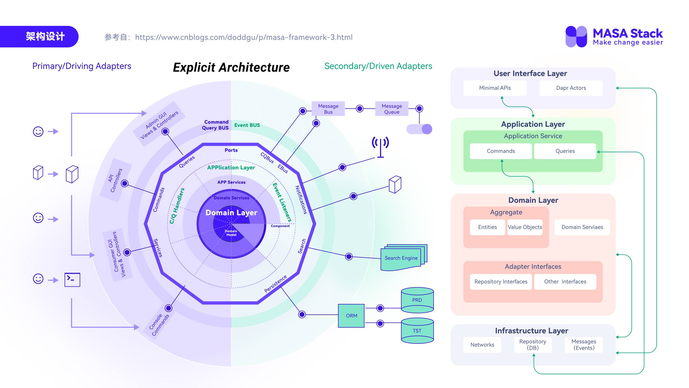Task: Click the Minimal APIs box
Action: (x=495, y=88)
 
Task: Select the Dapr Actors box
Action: (x=571, y=88)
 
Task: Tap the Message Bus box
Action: (x=328, y=109)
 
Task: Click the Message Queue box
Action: (x=392, y=109)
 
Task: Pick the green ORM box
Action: (x=351, y=316)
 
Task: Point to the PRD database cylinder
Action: (x=417, y=300)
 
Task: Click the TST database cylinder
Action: (x=417, y=331)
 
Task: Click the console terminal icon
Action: (x=72, y=279)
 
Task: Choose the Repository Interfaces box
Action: (x=501, y=282)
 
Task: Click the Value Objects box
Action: (x=525, y=227)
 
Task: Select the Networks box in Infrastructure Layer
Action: (x=482, y=345)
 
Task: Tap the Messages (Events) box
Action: (x=583, y=345)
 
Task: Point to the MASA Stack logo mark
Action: (x=576, y=37)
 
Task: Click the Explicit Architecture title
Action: (x=231, y=67)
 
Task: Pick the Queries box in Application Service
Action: (x=565, y=151)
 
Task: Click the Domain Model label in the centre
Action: (x=231, y=233)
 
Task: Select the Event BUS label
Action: (x=247, y=125)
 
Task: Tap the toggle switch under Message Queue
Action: (x=419, y=129)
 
